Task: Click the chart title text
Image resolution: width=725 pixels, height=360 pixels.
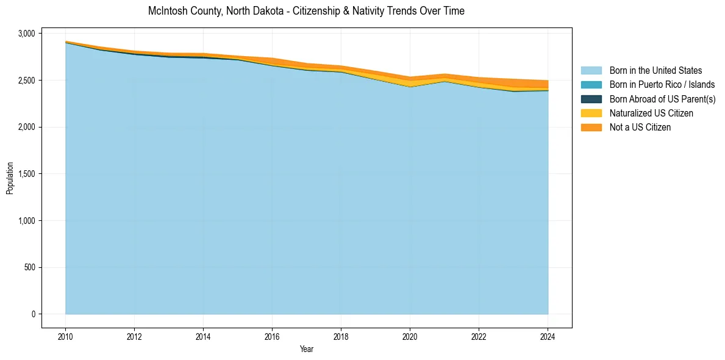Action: [x=306, y=11]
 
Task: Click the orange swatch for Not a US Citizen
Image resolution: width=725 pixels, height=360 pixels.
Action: [x=591, y=128]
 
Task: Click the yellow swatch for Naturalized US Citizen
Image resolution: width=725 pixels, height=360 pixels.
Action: [x=591, y=113]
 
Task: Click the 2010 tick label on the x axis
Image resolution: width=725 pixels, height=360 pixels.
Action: [x=65, y=336]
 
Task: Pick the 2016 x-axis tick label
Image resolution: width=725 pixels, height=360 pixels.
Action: [x=272, y=336]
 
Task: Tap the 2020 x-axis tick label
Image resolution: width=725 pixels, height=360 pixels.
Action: [x=410, y=336]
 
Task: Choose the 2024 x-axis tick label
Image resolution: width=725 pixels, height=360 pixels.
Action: [x=548, y=336]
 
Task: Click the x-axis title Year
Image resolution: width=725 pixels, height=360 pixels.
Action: [x=307, y=349]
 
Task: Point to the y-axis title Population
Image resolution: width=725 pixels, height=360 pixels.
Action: [x=10, y=178]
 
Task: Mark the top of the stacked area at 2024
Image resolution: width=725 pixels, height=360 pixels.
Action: [x=548, y=81]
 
